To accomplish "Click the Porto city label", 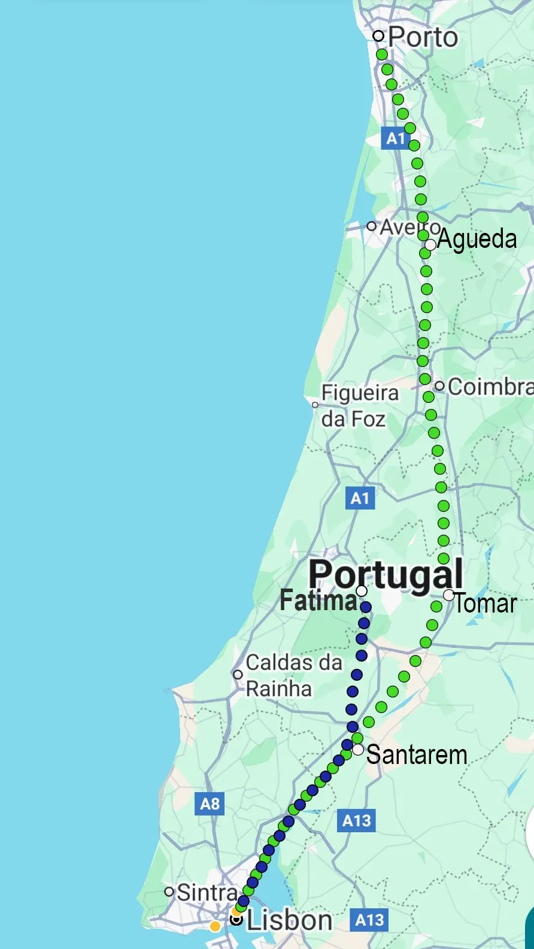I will coord(423,37).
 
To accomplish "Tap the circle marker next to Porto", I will coord(378,36).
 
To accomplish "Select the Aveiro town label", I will coord(407,228).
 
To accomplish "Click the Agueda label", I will coord(477,239).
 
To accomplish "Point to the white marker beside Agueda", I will coord(430,244).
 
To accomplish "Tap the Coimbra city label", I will coord(490,387).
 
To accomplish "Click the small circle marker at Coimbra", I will coord(439,386).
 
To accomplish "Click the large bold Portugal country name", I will coord(386,574).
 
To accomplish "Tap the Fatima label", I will coord(318,601).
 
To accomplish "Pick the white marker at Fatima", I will coord(362,592).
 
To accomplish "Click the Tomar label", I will coord(486,603).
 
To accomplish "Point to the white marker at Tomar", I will coord(449,595).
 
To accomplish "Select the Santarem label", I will coord(417,754).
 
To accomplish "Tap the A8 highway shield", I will coord(210,804).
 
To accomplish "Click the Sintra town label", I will coord(207,892).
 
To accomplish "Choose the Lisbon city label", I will coord(289,920).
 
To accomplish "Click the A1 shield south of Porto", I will coord(395,138).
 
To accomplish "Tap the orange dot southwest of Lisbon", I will coord(215,927).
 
